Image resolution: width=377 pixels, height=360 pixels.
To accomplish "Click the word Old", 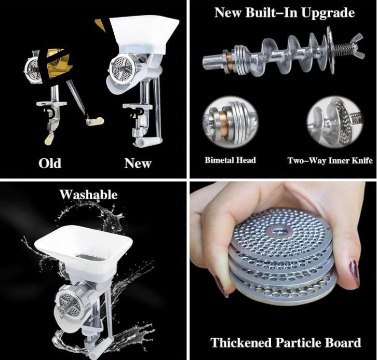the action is [x=50, y=163].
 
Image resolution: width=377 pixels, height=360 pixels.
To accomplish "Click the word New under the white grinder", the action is [x=138, y=163].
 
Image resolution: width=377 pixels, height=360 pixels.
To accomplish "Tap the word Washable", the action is [x=88, y=195].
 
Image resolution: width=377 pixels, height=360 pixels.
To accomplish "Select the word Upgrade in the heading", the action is [x=328, y=13].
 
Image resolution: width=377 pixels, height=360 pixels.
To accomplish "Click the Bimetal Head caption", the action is [x=230, y=160].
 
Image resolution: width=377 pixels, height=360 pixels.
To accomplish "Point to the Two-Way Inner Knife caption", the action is [x=330, y=160].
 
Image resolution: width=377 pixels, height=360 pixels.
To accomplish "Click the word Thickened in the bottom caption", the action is [x=241, y=342].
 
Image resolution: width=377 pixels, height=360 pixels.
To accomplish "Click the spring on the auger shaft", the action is [x=342, y=49].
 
